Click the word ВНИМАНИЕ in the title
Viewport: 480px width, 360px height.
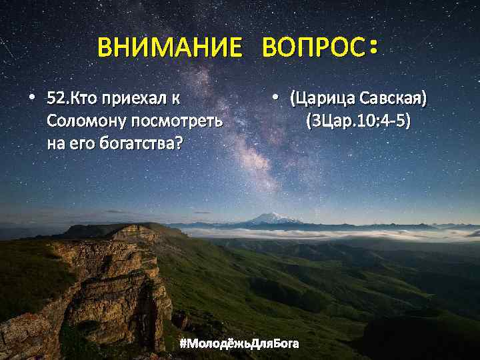pyautogui.click(x=169, y=48)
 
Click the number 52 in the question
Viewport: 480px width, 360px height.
pyautogui.click(x=56, y=100)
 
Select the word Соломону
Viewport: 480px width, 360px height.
pyautogui.click(x=86, y=121)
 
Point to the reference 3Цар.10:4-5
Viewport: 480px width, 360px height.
pyautogui.click(x=358, y=121)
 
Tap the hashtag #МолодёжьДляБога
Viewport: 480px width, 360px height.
pyautogui.click(x=239, y=343)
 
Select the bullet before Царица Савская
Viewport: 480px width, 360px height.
pyautogui.click(x=274, y=99)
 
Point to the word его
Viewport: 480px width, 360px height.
pyautogui.click(x=79, y=143)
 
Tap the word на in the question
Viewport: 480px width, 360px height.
pyautogui.click(x=55, y=143)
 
